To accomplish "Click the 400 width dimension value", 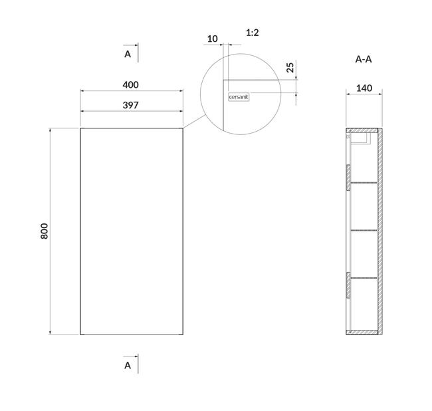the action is tap(130, 84).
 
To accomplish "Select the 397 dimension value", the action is tap(130, 105).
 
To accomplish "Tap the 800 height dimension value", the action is tap(44, 231).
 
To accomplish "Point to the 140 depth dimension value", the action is tap(364, 88).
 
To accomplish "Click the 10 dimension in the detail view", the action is tap(212, 39).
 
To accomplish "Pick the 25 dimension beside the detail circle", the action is tap(290, 68).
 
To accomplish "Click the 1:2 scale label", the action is tap(253, 33).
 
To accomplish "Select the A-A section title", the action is tap(364, 59).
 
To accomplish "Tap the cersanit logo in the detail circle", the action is tap(239, 97).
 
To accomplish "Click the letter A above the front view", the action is tap(128, 54).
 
